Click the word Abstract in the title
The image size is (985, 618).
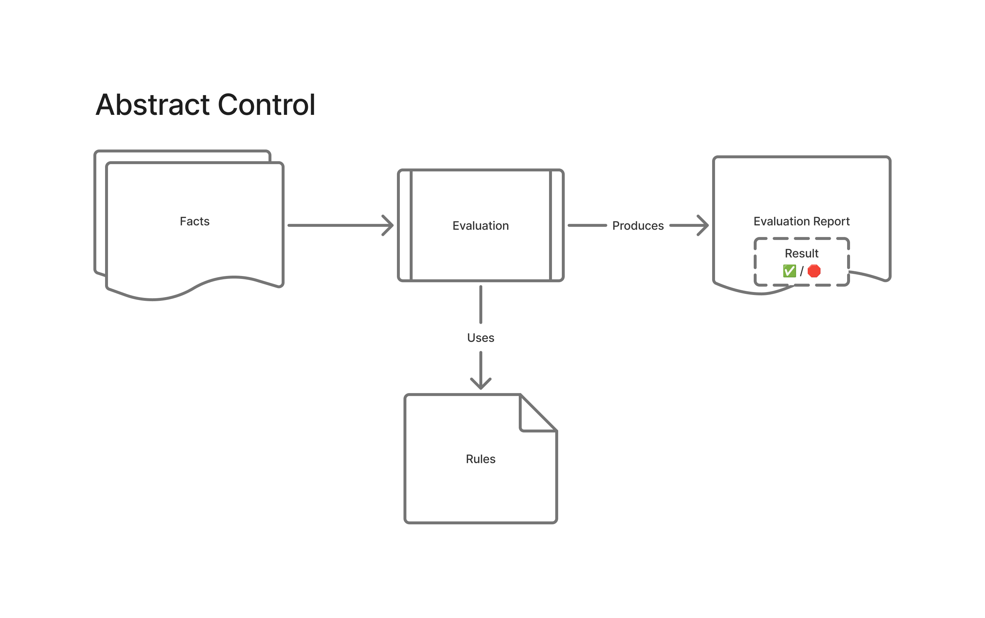coord(152,105)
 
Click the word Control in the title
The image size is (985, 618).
coord(266,105)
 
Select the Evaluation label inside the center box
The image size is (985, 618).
coord(480,226)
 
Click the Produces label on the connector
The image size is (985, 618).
coord(637,226)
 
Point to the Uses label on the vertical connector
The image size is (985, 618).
coord(480,338)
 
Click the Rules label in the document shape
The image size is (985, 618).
coord(480,459)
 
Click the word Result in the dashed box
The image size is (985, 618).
coord(801,253)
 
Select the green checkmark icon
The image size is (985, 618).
coord(789,271)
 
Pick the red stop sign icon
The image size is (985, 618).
coord(814,271)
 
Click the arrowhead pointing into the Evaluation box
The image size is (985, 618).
coord(389,225)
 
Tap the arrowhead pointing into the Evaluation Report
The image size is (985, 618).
coord(704,225)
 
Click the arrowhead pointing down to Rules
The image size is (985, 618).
coord(480,384)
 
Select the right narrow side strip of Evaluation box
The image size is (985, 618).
coord(556,225)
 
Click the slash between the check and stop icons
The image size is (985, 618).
coord(801,271)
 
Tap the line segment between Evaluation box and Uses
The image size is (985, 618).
coord(480,304)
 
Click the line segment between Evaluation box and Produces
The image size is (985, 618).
coord(587,225)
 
